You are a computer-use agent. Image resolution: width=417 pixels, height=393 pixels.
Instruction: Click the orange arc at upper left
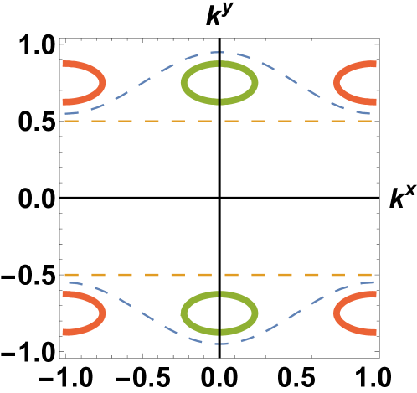coord(102,82)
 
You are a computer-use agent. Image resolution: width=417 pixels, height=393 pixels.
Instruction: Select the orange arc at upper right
coord(337,82)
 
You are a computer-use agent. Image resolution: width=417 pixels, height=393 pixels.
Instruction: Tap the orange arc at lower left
coord(102,313)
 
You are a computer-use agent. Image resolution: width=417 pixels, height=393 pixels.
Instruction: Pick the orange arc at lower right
coord(337,313)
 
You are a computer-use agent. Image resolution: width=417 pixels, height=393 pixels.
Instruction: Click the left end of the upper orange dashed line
coord(65,121)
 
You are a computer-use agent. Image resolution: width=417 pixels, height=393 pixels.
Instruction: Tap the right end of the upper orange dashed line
coord(371,121)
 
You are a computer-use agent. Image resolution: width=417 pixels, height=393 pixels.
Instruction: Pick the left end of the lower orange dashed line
coord(65,275)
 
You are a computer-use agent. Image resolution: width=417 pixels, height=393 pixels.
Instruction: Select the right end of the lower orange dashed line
coord(371,275)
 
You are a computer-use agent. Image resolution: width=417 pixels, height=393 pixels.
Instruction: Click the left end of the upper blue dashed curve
coord(65,113)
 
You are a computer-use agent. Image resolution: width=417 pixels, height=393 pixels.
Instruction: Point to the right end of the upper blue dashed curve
coord(370,113)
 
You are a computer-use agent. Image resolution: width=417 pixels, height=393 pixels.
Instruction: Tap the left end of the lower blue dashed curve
coord(69,282)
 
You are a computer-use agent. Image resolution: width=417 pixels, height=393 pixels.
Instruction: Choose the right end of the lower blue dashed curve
coord(373,282)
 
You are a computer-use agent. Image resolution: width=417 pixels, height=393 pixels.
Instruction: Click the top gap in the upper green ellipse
coord(219,62)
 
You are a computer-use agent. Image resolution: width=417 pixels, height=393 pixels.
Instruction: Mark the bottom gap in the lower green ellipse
coord(219,334)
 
